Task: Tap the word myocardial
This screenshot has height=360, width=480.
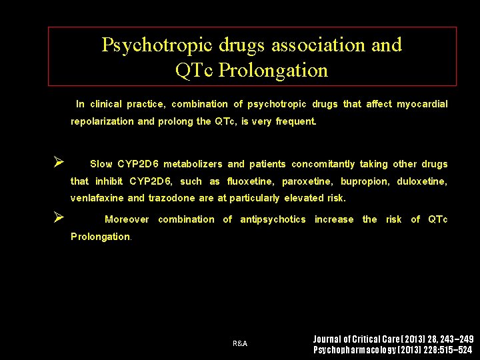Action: point(422,104)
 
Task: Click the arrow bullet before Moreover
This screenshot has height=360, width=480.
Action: point(59,217)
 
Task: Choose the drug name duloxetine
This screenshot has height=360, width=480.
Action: point(422,181)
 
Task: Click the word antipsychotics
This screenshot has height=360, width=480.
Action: point(273,219)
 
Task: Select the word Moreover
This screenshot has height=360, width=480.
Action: point(127,219)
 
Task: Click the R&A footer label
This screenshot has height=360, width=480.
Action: point(240,343)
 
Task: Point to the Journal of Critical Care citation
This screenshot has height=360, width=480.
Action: point(393,339)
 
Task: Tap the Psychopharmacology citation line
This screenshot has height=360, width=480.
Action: point(393,350)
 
